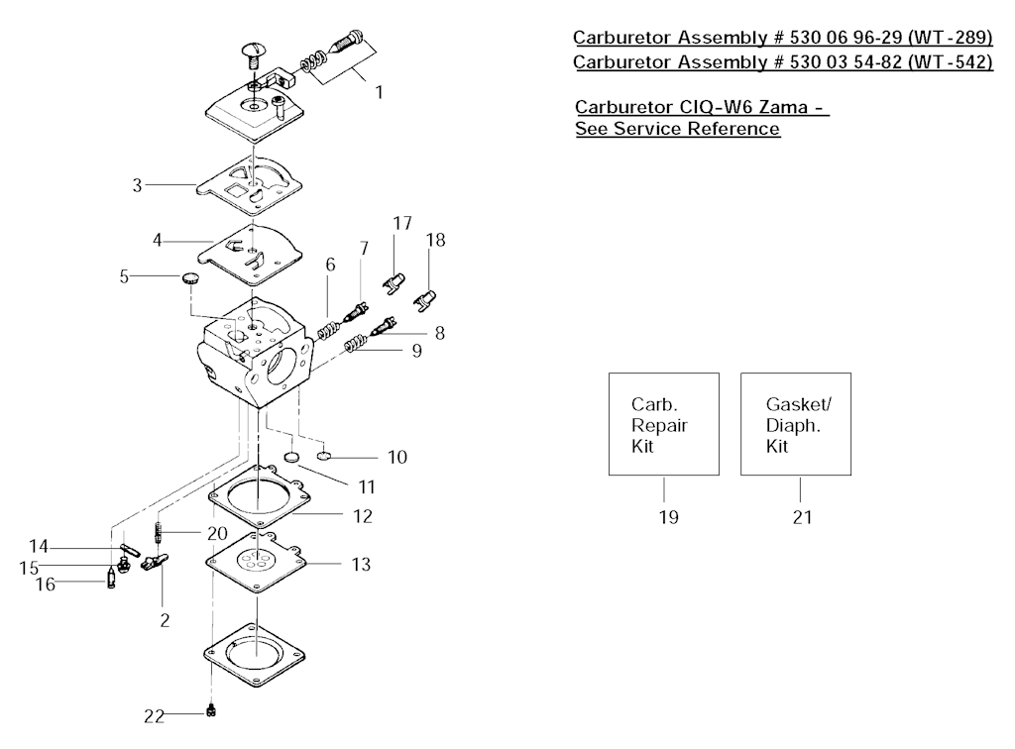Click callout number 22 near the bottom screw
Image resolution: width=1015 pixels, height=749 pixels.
(153, 714)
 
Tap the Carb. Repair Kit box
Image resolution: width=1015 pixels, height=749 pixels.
(663, 424)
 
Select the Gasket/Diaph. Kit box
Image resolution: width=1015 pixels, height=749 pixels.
(796, 424)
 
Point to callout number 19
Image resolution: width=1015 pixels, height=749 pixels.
(669, 517)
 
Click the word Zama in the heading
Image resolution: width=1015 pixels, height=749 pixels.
(791, 107)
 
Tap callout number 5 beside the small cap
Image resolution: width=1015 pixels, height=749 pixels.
(124, 276)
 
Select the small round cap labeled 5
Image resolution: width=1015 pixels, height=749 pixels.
(189, 278)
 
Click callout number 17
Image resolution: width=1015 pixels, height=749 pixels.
(400, 224)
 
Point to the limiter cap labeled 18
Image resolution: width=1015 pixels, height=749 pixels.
(426, 296)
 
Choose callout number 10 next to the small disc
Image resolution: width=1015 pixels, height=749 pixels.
(396, 458)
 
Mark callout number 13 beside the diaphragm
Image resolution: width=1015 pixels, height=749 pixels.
(361, 565)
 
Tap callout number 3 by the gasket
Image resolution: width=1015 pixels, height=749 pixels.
(138, 184)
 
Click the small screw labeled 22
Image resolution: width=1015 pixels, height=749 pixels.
(211, 710)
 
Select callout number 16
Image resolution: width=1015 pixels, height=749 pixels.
(46, 585)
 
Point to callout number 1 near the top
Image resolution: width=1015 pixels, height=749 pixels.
(379, 92)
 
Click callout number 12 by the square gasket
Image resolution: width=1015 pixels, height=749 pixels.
(362, 516)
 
